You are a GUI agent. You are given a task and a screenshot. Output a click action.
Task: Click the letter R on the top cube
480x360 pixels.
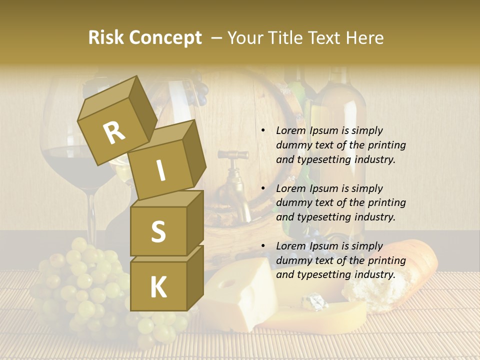(x=114, y=132)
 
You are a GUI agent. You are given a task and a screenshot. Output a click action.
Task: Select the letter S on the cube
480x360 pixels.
(x=158, y=231)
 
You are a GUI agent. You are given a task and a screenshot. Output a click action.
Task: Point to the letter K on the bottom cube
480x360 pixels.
(x=158, y=287)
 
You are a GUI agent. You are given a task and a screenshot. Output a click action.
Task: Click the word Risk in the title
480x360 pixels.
(x=106, y=38)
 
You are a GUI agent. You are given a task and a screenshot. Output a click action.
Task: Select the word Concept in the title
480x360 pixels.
(x=165, y=38)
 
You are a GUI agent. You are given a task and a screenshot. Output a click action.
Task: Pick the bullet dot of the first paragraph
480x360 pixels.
(x=263, y=130)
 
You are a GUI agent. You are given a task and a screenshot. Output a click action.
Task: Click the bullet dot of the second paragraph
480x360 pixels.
(x=263, y=188)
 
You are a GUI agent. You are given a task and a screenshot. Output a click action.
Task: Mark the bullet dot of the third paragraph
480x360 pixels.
(x=263, y=246)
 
